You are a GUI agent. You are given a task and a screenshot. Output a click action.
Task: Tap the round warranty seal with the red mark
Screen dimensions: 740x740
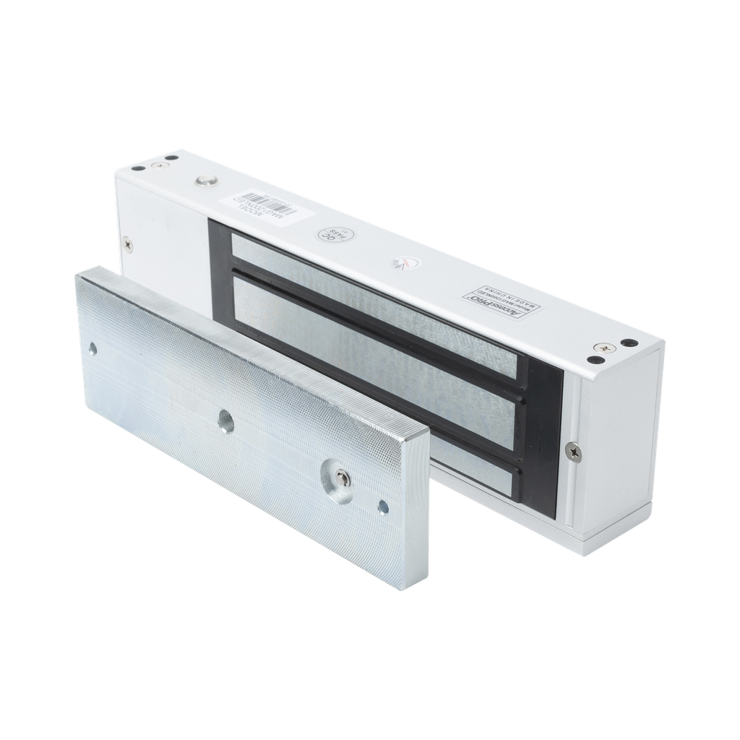tap(400, 264)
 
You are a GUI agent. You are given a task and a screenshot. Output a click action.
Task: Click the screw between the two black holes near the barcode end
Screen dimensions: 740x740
tap(158, 167)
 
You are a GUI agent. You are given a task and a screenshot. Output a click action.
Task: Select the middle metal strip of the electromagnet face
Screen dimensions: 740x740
tap(376, 347)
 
